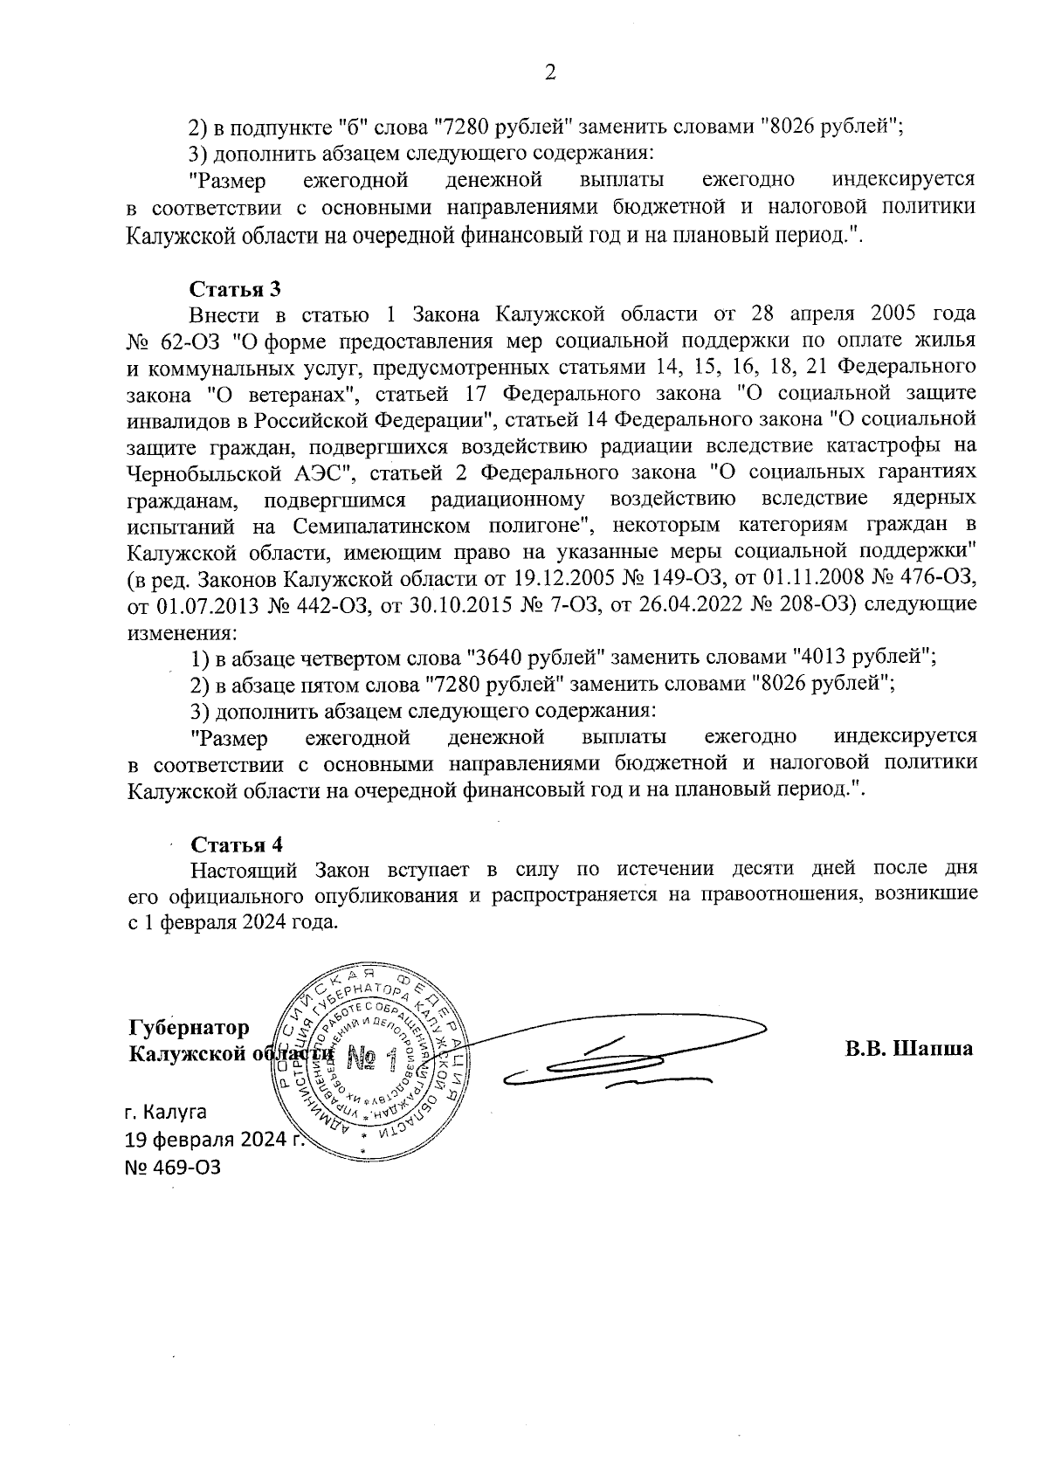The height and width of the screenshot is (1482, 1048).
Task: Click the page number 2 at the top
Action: [x=550, y=74]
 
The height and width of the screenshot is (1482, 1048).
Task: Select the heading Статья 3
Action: [x=235, y=288]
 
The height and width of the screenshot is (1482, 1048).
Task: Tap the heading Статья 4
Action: [x=237, y=844]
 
